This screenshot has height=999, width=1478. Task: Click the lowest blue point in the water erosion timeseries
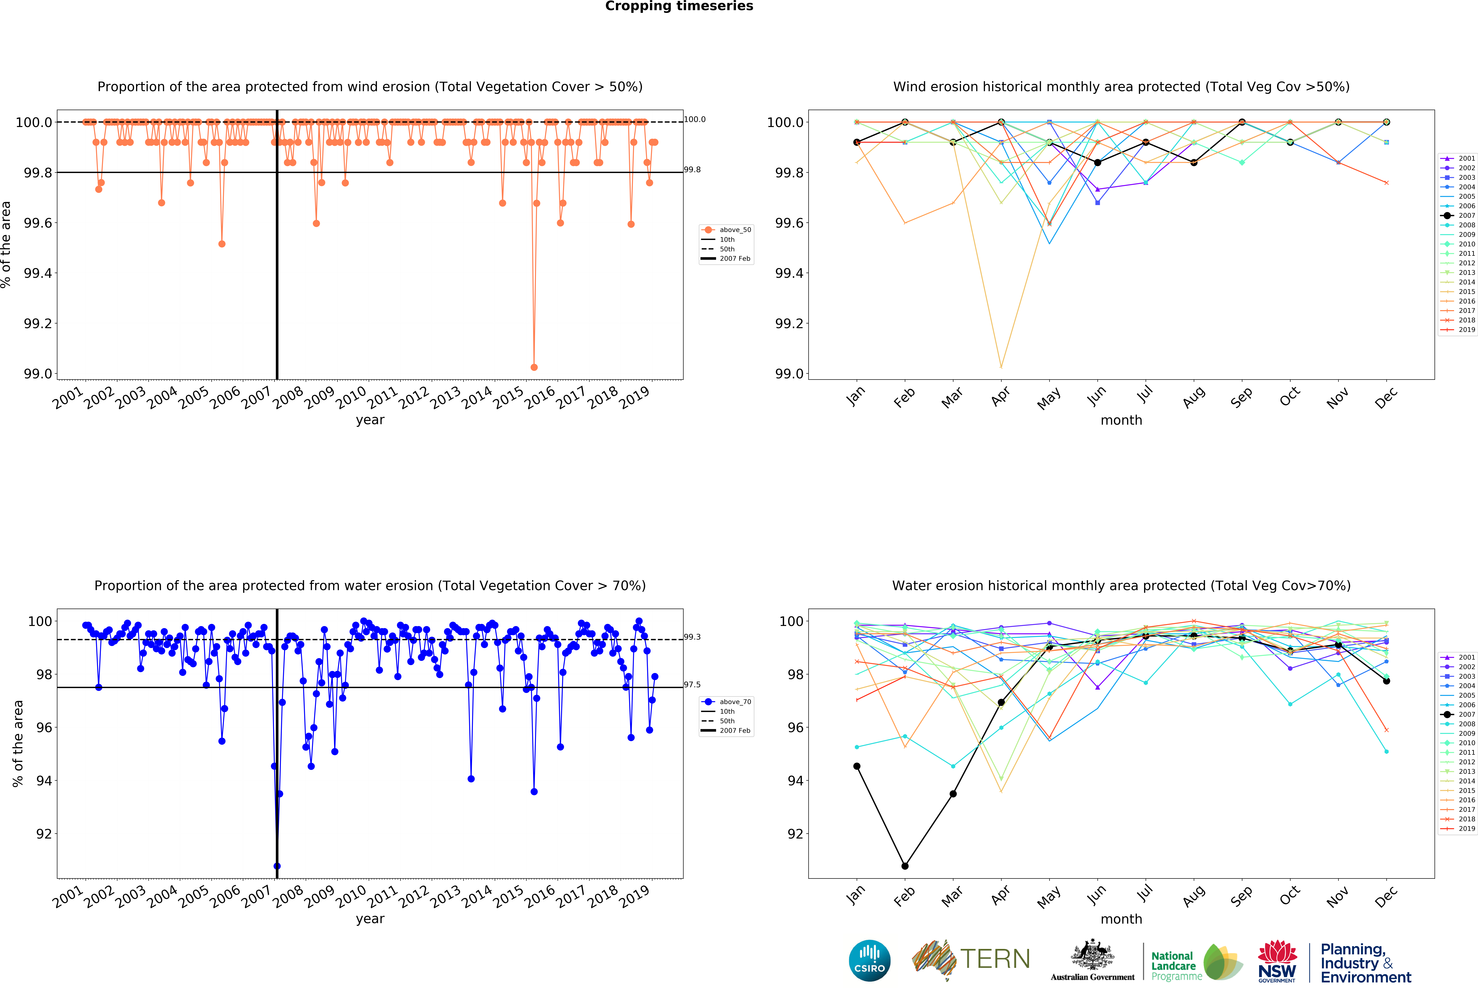pyautogui.click(x=277, y=866)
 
